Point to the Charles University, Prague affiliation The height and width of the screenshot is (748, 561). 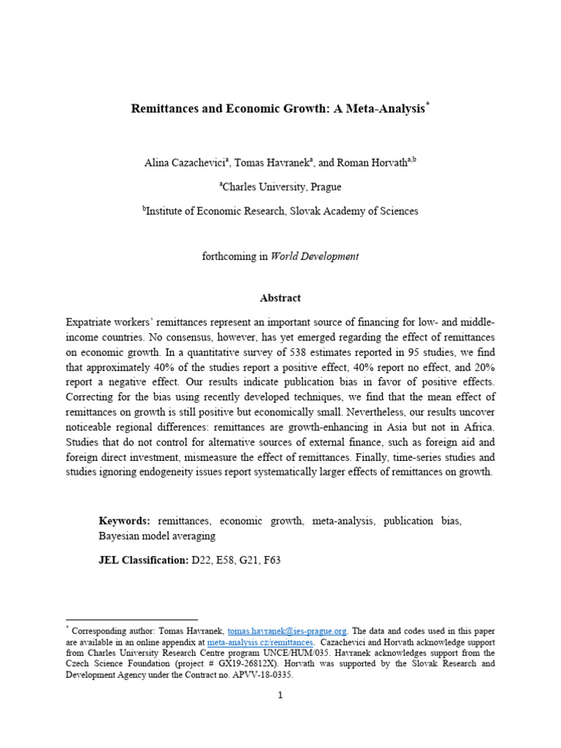[281, 187]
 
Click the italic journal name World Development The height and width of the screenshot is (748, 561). [315, 256]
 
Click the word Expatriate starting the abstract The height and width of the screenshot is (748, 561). [91, 322]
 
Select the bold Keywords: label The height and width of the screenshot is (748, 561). [124, 521]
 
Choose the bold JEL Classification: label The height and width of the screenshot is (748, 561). [144, 560]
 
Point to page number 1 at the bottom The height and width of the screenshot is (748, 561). [280, 695]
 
